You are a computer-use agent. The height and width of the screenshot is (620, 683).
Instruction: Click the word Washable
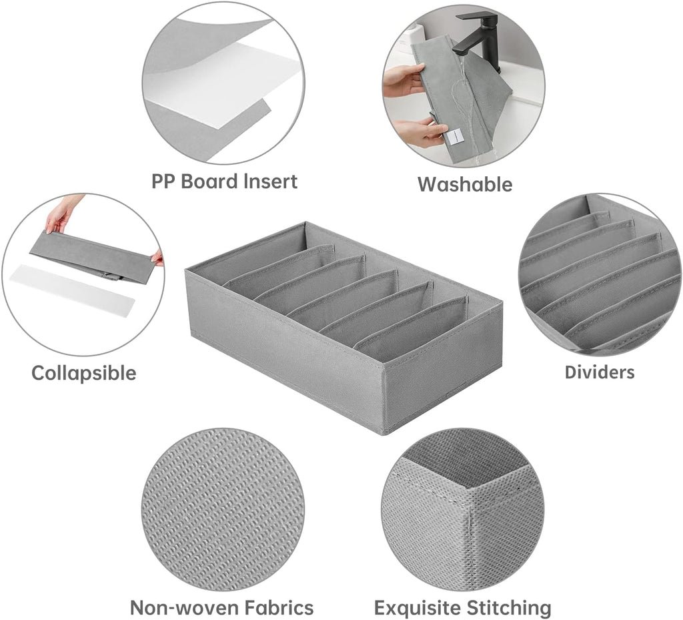(x=465, y=184)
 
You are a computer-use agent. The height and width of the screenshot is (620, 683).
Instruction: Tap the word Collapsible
(x=83, y=373)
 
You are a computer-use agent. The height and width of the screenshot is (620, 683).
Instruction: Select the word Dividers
(x=600, y=372)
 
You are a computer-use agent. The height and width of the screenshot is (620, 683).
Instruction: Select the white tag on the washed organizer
(x=453, y=141)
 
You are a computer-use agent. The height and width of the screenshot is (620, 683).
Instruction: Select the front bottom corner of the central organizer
(x=384, y=434)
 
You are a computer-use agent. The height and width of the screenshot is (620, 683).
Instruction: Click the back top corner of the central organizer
(x=304, y=223)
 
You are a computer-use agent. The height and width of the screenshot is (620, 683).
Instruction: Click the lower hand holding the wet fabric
(x=418, y=133)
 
